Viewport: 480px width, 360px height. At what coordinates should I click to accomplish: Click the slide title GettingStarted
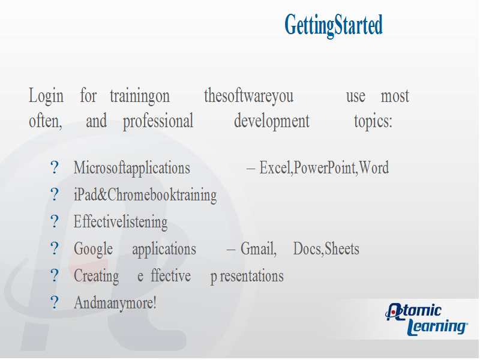pos(334,26)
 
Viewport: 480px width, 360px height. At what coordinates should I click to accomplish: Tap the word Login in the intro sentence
pos(46,97)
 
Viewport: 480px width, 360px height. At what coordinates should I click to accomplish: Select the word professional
pos(158,122)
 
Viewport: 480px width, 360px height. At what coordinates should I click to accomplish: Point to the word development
pos(272,122)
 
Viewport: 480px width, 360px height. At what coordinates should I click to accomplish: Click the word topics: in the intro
pos(373,122)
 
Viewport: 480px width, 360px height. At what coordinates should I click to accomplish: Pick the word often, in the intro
pos(46,121)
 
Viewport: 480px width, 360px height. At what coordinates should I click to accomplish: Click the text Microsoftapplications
pos(132,169)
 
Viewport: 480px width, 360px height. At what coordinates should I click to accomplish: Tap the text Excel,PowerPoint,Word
pos(324,167)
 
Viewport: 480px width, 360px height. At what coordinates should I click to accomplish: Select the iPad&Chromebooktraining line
pos(145,195)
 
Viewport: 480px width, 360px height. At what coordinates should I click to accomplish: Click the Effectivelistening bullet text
pos(121,222)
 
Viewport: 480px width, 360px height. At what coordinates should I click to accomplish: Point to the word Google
pos(94,249)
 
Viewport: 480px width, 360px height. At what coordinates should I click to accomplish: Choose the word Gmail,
pos(259,248)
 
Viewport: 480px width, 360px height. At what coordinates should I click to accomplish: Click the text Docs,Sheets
pos(326,248)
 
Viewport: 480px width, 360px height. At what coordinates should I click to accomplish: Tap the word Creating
pos(97,277)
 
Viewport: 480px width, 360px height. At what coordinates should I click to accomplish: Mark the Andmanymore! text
pos(115,303)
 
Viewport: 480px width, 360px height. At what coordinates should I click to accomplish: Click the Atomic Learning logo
pos(427,319)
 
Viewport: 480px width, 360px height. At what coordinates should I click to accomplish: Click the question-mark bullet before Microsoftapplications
pos(55,167)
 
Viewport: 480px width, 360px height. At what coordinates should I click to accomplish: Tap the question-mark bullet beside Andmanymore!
pos(55,302)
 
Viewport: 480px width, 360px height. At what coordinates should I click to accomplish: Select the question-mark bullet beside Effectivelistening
pos(55,221)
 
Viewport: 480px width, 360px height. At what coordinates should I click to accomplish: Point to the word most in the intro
pos(395,97)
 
